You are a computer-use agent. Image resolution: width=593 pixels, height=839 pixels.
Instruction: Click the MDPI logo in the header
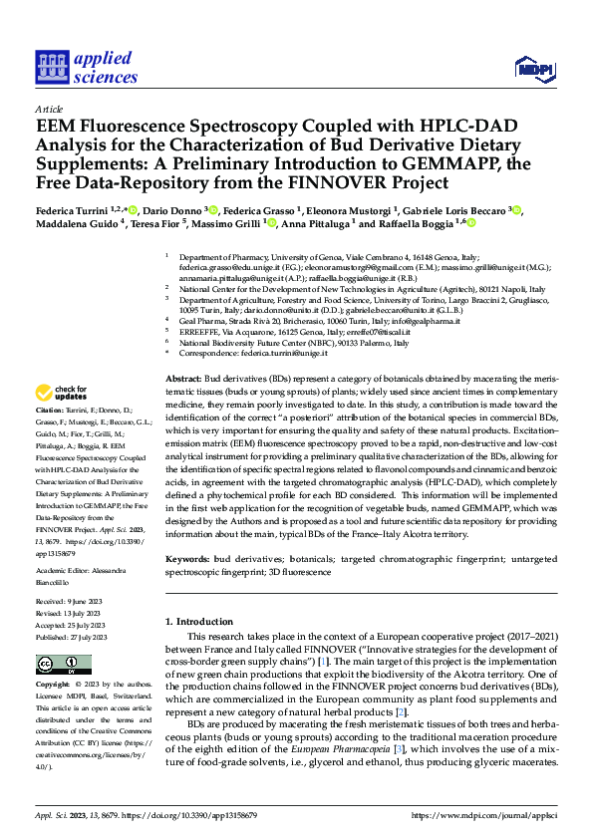[x=534, y=68]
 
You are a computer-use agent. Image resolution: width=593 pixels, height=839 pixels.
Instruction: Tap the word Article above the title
[x=49, y=108]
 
